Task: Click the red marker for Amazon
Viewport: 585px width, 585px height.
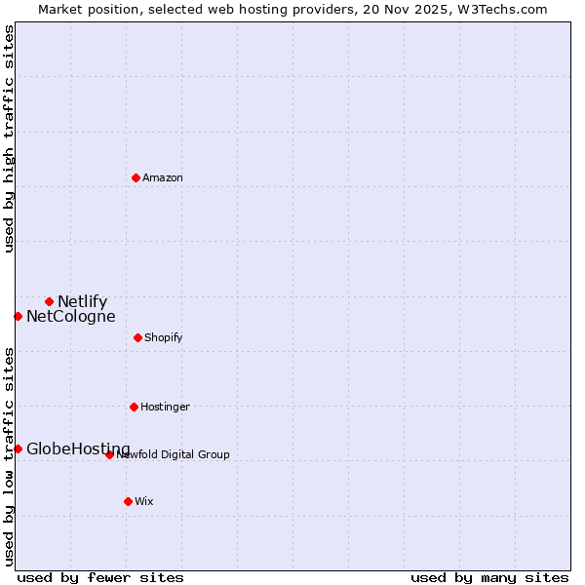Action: (x=136, y=177)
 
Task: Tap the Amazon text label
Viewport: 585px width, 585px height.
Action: (x=163, y=178)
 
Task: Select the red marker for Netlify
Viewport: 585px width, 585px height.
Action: (x=49, y=301)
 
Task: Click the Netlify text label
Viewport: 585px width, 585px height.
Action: (x=82, y=302)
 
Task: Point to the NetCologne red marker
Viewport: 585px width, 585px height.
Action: (x=18, y=316)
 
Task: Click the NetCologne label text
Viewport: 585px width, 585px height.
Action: (x=70, y=317)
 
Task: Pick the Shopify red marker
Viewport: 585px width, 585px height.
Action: (x=137, y=337)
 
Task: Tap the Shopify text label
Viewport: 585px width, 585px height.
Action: (x=164, y=338)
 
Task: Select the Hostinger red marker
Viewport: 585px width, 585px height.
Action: (x=134, y=407)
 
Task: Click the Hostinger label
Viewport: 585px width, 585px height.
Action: (x=165, y=408)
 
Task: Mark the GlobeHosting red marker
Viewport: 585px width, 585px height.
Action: (x=18, y=448)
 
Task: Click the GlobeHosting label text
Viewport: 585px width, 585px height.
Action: (x=78, y=449)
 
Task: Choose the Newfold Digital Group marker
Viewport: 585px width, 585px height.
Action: (x=109, y=454)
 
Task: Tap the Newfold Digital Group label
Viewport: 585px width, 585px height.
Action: (x=174, y=455)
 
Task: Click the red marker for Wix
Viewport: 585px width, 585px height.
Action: (x=128, y=501)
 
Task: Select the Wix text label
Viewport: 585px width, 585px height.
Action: (x=144, y=502)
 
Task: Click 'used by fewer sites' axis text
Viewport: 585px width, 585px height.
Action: (x=100, y=578)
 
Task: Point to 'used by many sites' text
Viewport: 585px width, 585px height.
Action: (x=489, y=578)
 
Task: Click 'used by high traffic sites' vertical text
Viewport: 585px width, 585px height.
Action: (x=9, y=138)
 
